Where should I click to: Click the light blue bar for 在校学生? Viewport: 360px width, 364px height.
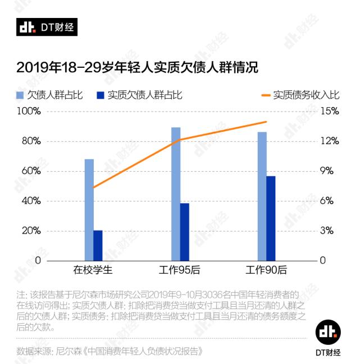pos(89,210)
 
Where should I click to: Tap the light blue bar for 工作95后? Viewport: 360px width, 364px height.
pos(176,194)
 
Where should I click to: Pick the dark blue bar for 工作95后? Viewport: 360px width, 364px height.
pos(185,232)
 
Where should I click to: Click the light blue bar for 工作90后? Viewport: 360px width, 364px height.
pos(262,196)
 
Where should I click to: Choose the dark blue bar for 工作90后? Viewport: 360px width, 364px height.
pos(271,218)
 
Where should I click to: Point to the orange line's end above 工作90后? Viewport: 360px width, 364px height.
pos(266,122)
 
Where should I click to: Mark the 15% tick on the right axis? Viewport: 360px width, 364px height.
pos(330,111)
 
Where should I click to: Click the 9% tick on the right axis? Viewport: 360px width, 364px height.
pos(330,171)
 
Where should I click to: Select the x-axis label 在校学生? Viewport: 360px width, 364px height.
pos(93,270)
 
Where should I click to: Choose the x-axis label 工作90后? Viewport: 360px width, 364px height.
pos(266,270)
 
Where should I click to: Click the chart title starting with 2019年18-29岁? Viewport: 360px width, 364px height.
pos(137,68)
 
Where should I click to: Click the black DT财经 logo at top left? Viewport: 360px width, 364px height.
pos(47,27)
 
